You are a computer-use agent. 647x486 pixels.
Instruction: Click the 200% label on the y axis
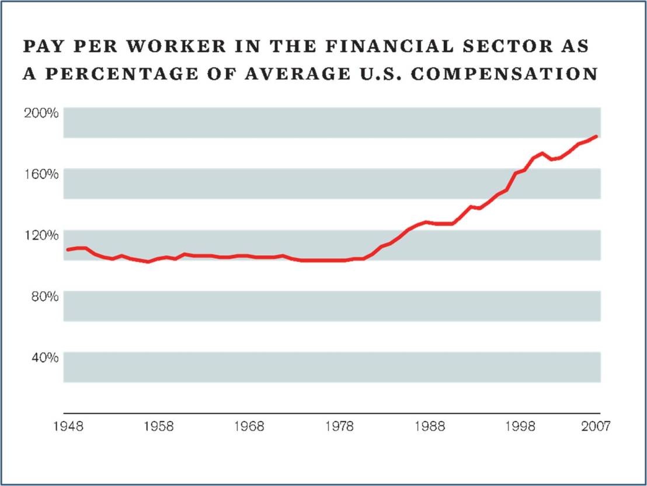41,113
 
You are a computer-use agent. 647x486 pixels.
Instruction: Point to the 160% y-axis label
41,174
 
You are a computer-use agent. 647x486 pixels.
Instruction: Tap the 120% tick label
41,235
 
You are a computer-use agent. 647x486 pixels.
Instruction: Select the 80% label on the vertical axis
44,296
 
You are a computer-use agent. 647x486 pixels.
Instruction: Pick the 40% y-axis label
44,357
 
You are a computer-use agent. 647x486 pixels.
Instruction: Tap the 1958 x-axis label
159,426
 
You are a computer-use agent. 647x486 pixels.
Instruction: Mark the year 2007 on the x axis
595,426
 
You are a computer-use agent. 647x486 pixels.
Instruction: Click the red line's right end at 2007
596,137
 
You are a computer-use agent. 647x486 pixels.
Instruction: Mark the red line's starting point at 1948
68,249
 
